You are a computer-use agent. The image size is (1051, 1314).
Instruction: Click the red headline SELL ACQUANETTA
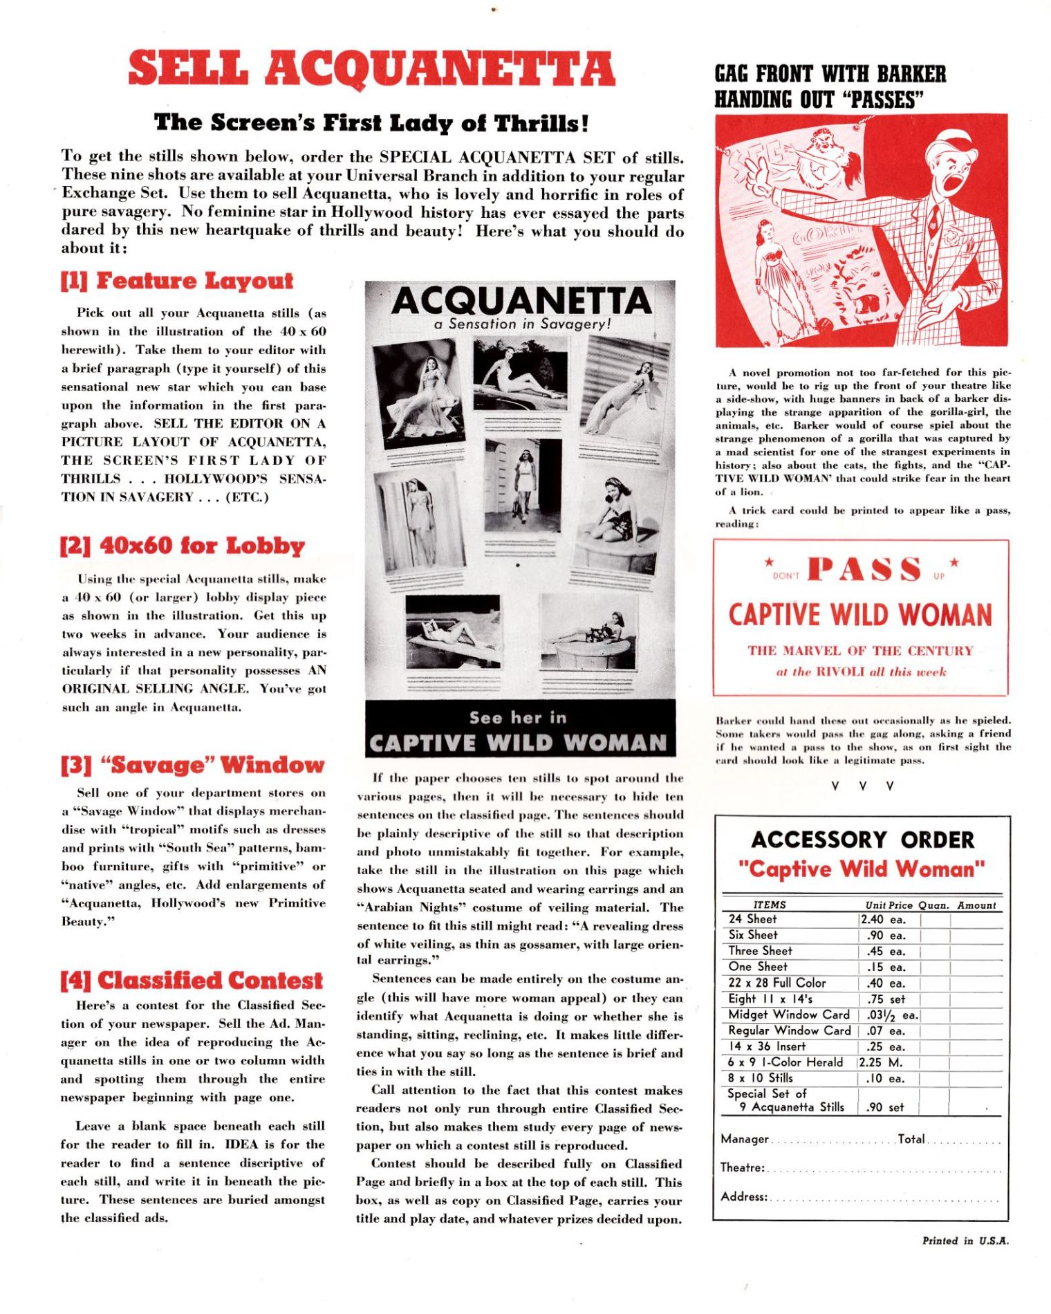coord(371,69)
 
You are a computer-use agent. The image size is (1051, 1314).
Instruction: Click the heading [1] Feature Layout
coord(177,281)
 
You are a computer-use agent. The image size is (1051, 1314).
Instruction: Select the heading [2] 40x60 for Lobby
coord(183,546)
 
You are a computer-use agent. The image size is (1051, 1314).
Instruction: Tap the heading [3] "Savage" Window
coord(192,765)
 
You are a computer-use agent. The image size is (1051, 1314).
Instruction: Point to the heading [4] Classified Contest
coord(192,981)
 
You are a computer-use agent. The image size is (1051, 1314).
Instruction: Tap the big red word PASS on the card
coord(864,569)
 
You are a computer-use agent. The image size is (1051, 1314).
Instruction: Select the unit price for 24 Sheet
coord(883,920)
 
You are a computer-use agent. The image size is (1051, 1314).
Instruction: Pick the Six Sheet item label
coord(753,935)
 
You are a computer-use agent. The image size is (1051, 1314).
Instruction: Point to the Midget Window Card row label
coord(789,1015)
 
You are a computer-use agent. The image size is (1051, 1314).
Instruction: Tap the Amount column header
coord(976,905)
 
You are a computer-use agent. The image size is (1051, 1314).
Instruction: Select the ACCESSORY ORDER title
coord(862,840)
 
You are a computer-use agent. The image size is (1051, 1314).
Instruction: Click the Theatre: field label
coord(742,1167)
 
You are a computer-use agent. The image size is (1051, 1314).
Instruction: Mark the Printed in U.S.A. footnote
coord(965,1241)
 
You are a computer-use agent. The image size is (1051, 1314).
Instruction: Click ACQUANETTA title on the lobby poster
coord(521,301)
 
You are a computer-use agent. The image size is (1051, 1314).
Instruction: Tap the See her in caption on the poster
coord(518,718)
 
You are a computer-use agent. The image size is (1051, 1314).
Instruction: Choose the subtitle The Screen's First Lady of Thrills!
coord(372,122)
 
